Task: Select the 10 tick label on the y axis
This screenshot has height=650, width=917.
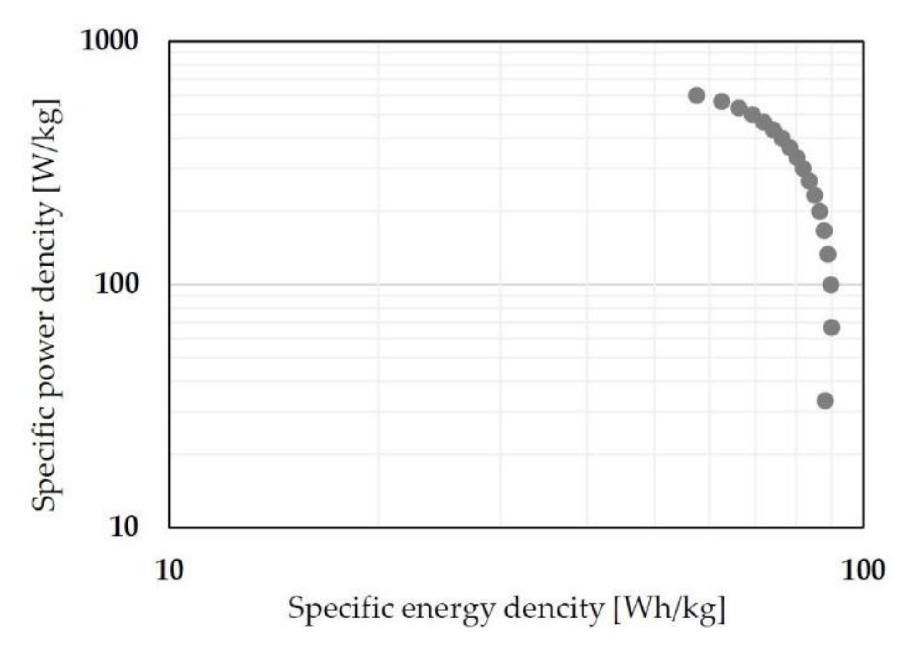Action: point(123,527)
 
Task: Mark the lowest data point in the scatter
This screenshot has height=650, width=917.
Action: point(825,401)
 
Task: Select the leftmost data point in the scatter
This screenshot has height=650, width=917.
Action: point(696,95)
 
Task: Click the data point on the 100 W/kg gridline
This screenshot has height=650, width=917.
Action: point(830,285)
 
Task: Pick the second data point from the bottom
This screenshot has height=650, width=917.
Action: point(831,327)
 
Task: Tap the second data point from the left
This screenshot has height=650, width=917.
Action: point(722,101)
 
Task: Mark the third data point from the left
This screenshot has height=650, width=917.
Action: point(739,108)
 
